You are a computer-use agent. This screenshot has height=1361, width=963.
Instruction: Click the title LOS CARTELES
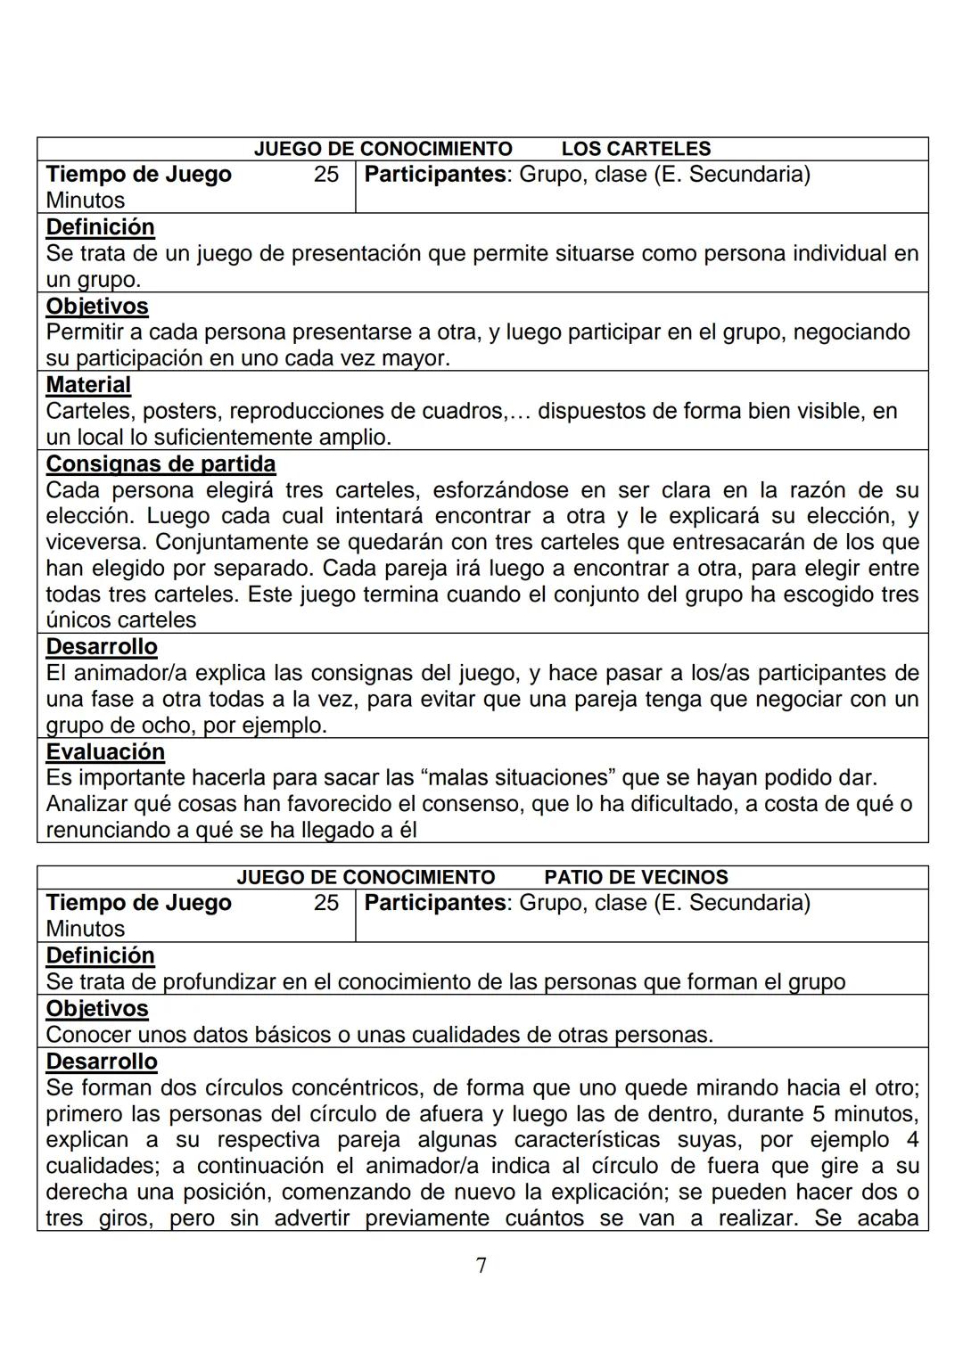(636, 149)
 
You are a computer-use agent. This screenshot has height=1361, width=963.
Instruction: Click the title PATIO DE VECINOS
(636, 877)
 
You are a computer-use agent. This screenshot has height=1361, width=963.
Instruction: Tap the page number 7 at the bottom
(481, 1265)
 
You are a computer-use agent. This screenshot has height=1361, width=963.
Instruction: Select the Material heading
(88, 385)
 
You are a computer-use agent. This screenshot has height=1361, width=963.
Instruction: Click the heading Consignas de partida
(160, 464)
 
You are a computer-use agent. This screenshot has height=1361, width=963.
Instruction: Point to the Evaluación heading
(105, 752)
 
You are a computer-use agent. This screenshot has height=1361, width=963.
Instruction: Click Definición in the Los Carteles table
(100, 227)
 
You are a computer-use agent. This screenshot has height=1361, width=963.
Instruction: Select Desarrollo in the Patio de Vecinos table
(102, 1062)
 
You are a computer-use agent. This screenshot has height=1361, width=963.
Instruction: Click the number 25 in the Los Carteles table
(326, 174)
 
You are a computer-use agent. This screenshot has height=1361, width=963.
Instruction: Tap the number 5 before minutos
(819, 1114)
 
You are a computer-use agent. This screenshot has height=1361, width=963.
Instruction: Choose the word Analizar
(92, 804)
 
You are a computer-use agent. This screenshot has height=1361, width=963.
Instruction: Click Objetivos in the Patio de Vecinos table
(97, 1009)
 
